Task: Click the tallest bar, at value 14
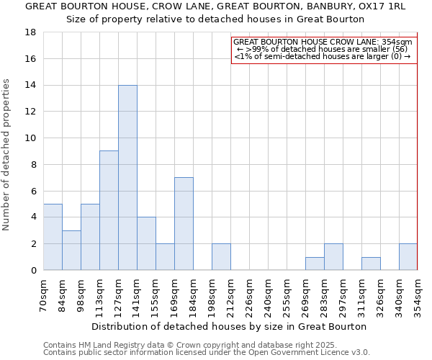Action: [127, 178]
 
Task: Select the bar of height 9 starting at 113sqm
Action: [109, 210]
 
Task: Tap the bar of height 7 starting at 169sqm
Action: [184, 224]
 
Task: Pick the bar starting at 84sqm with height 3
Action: [71, 250]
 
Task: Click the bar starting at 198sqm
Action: [221, 257]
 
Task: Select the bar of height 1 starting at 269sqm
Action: [315, 264]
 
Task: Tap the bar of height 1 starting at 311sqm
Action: [371, 264]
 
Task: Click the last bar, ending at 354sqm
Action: [408, 257]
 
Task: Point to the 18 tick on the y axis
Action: [30, 32]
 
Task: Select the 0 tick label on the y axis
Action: [33, 271]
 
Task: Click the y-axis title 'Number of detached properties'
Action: [7, 155]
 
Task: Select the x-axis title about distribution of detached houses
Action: [229, 326]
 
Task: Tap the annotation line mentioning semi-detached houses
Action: [323, 56]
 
